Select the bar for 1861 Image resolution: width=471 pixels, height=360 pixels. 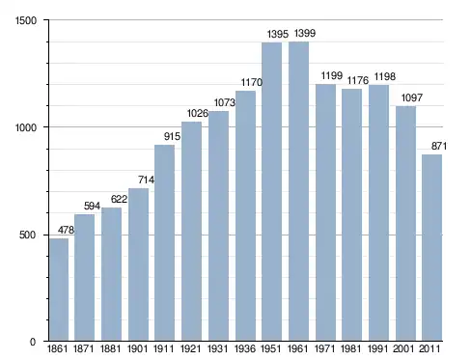click(x=59, y=290)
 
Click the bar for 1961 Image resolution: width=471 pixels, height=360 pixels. click(x=298, y=191)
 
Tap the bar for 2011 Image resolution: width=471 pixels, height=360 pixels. click(x=432, y=248)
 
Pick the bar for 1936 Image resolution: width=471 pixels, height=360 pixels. click(x=245, y=215)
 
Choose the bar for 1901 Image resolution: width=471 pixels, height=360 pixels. click(x=138, y=264)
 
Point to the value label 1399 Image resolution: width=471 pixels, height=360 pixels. click(x=305, y=33)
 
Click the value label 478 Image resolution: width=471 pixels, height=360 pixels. click(x=66, y=230)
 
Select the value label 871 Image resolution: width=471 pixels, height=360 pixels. click(x=439, y=146)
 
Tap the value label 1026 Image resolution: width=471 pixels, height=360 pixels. click(x=198, y=113)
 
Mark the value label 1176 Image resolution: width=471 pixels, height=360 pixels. click(x=358, y=80)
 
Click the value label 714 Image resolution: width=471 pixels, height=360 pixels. click(x=147, y=180)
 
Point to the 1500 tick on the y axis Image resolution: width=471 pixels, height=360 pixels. click(x=26, y=20)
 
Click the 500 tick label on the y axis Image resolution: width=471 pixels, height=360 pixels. click(x=28, y=235)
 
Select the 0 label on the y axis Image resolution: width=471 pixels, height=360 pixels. click(x=33, y=342)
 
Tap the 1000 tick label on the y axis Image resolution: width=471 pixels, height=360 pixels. click(x=26, y=127)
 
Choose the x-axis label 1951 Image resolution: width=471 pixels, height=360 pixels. click(x=271, y=348)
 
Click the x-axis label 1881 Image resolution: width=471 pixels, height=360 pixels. click(x=111, y=348)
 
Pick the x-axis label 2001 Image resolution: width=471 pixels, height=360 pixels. click(x=403, y=348)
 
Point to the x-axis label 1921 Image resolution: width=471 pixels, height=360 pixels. click(x=191, y=348)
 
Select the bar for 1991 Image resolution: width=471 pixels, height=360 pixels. click(x=378, y=212)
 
